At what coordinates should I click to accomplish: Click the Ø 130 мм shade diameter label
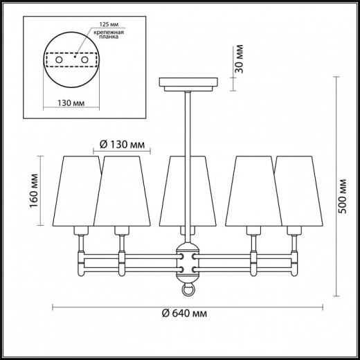[x=122, y=145]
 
